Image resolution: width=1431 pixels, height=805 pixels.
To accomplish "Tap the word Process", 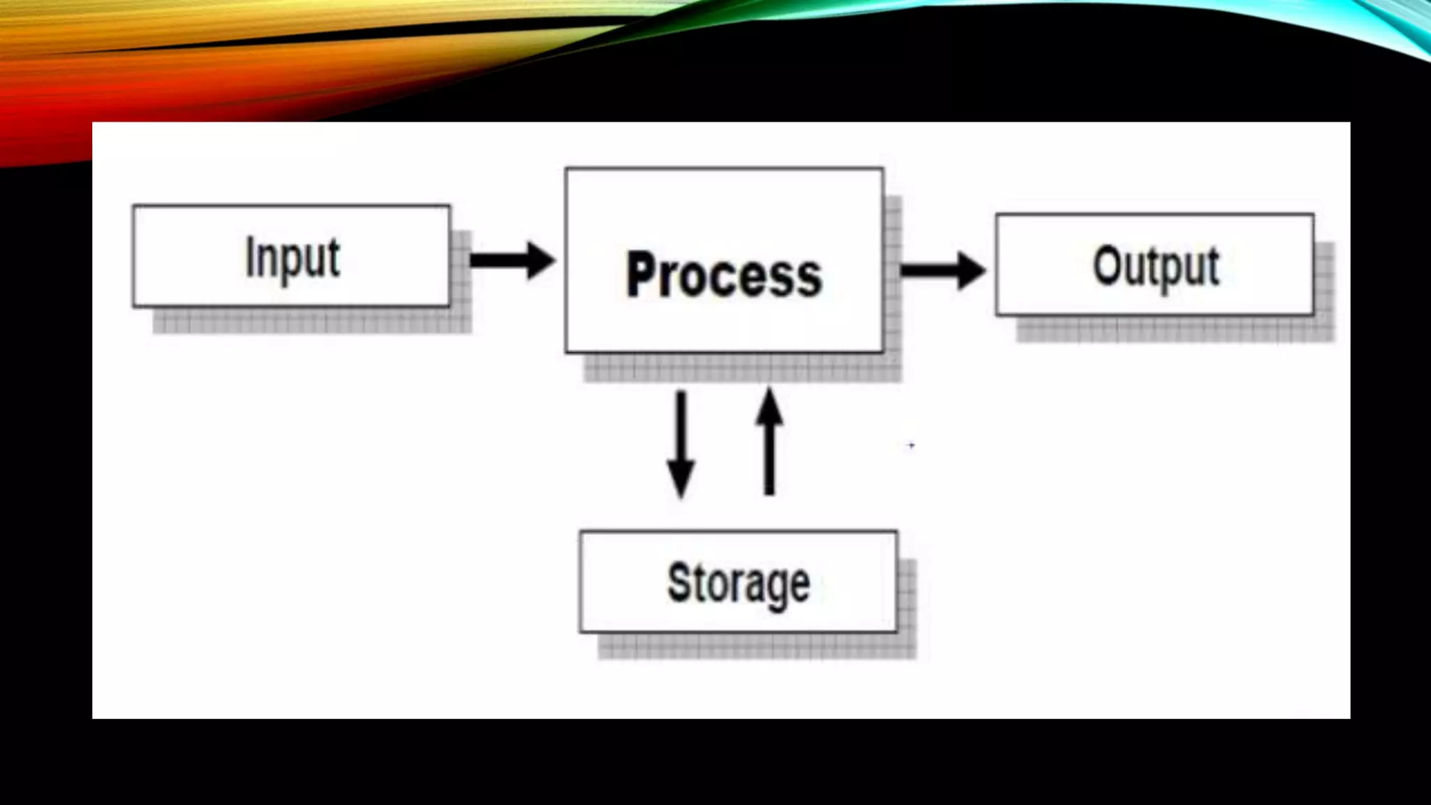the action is point(724,275).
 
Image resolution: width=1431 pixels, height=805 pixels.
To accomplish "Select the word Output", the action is point(1156,266).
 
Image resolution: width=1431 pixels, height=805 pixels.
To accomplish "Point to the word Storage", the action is point(739,583).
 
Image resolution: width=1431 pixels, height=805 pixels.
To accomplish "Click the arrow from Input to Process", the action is point(511,261).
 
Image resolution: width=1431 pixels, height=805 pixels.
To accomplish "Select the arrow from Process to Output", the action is point(942,270).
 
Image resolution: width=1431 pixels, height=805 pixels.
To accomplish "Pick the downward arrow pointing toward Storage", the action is point(681,443).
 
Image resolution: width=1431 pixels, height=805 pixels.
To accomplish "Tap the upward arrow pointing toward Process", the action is point(769,442).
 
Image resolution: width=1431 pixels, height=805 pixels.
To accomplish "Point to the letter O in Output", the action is point(1108,266).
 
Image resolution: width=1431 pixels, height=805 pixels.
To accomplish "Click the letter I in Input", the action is point(250,256).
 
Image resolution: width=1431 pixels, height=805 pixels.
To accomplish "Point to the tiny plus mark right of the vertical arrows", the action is point(911,445).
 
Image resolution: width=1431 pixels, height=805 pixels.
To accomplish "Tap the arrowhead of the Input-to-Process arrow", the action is point(540,261).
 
